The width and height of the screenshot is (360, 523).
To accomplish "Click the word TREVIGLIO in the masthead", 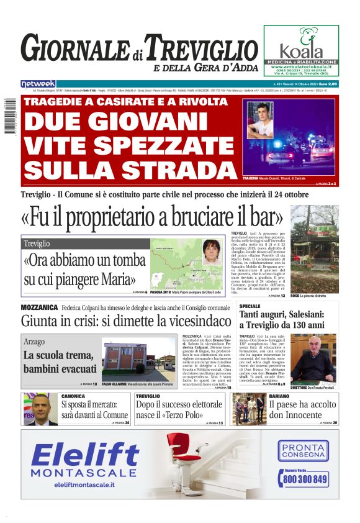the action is click(204, 48).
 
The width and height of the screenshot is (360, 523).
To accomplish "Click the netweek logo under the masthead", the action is click(38, 84).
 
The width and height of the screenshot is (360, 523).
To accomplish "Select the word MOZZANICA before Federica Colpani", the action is click(39, 307).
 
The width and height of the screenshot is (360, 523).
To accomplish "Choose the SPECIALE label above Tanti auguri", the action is click(250, 307).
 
